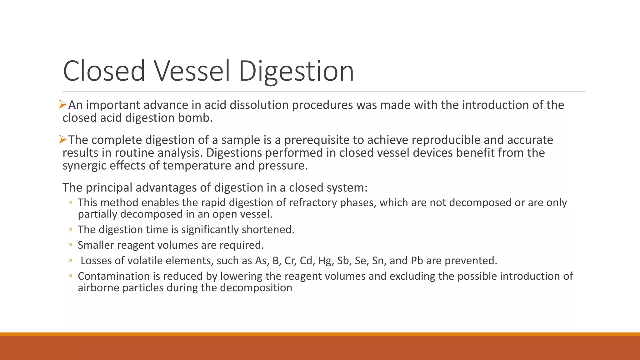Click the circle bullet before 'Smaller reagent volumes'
pos(70,245)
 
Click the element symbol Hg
pos(325,261)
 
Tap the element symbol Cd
pos(306,261)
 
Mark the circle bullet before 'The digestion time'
pos(70,229)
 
